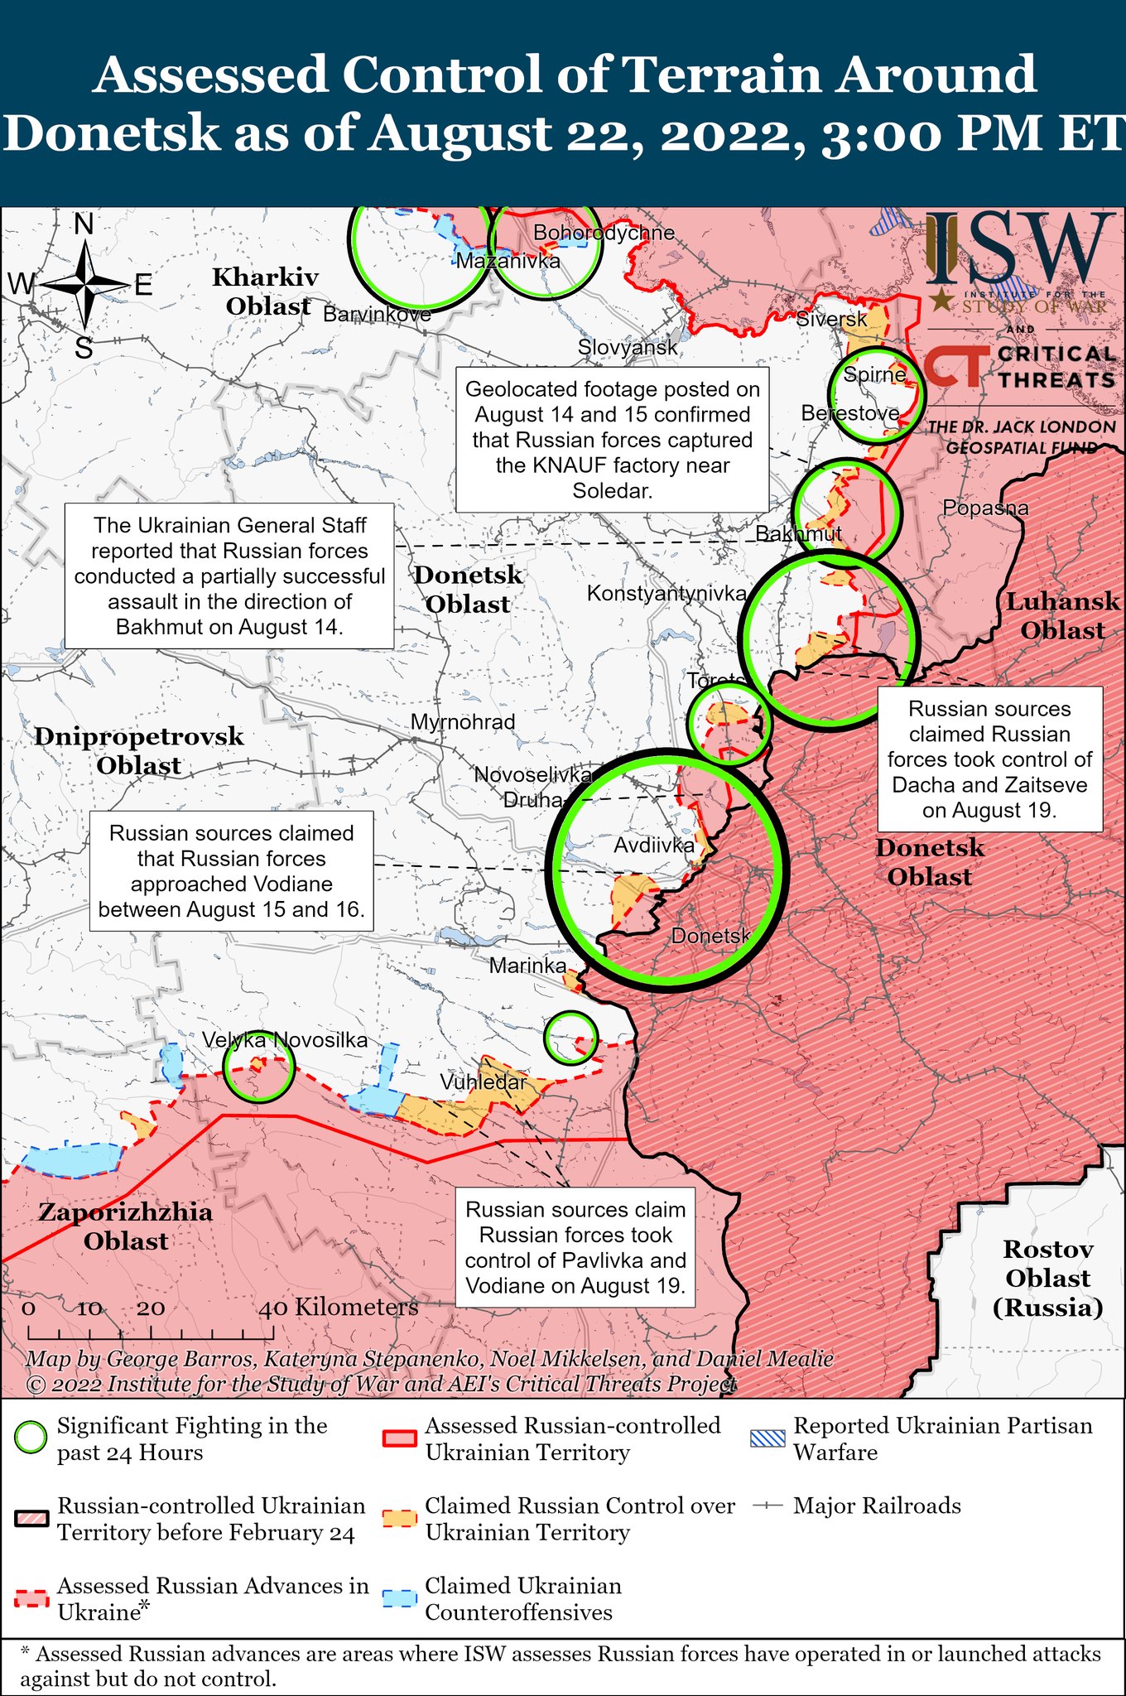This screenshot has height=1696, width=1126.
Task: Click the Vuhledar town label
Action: (483, 1082)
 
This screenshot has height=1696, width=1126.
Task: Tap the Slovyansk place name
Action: (628, 347)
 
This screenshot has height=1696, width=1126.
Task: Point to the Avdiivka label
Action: (653, 846)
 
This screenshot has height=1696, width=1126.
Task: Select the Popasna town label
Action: (985, 508)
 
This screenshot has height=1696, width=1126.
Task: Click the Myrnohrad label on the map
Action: (463, 721)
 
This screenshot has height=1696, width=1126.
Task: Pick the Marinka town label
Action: (527, 965)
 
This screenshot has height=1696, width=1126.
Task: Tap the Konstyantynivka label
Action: (666, 593)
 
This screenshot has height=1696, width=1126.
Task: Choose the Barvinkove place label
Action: (377, 314)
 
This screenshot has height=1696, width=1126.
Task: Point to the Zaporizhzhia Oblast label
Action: (126, 1226)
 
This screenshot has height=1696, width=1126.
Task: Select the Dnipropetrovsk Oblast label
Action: (139, 750)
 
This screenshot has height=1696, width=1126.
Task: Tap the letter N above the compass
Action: (84, 224)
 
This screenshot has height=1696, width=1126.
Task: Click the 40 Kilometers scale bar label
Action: (339, 1307)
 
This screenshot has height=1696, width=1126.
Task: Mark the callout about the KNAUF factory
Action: (613, 440)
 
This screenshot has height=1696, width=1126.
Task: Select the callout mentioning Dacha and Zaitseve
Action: (989, 759)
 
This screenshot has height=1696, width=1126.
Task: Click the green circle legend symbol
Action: (31, 1438)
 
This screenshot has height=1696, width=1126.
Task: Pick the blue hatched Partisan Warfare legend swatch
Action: (767, 1438)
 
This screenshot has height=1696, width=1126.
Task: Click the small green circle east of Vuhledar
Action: (570, 1037)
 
